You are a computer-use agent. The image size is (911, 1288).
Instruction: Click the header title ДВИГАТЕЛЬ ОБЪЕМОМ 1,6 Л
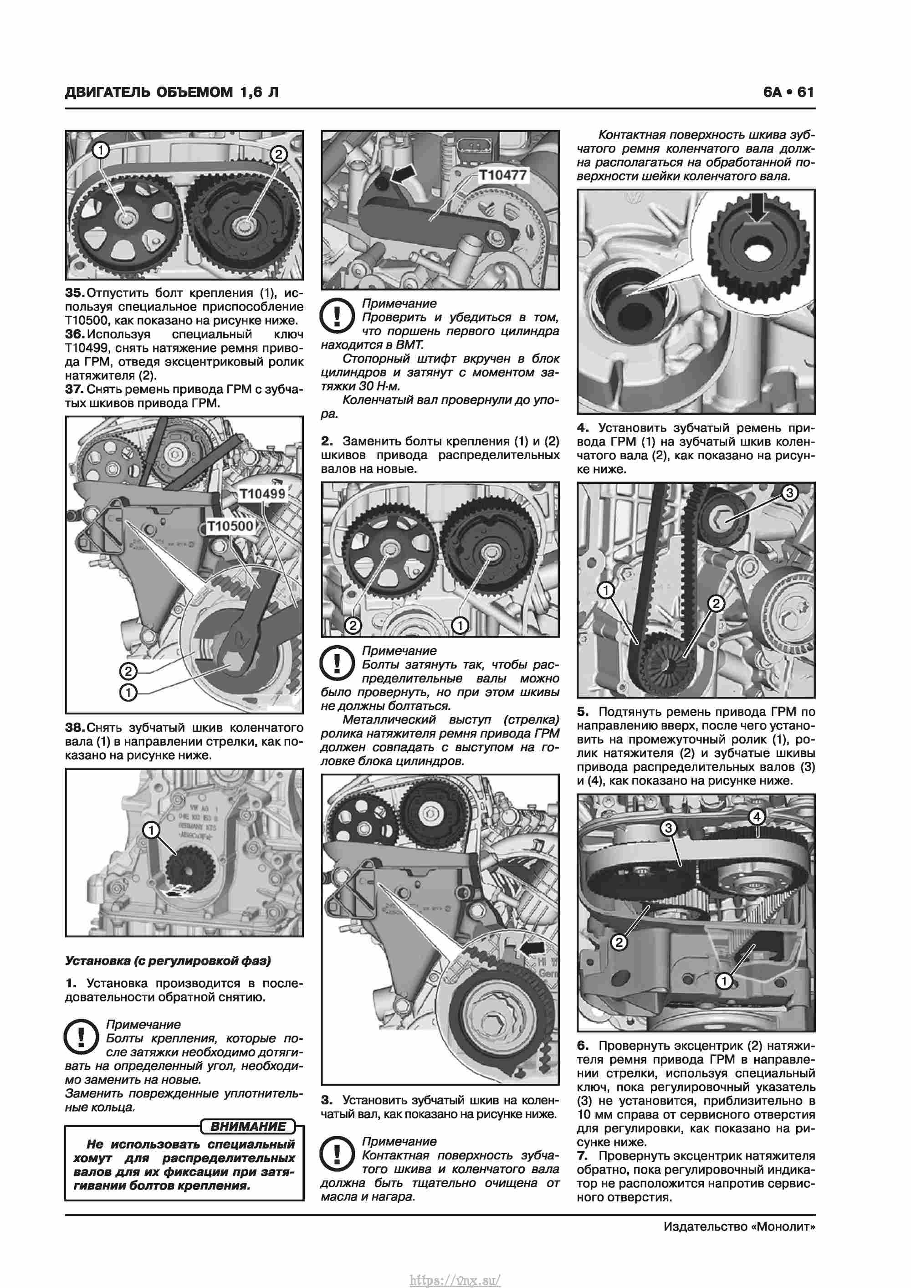(x=172, y=92)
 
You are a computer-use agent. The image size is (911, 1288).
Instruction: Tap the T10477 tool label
(x=502, y=175)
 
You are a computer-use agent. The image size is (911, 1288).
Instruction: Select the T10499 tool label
(x=262, y=494)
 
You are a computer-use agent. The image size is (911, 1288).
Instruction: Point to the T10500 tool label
(x=230, y=526)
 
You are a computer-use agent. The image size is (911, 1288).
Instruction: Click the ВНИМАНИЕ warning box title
(x=247, y=1126)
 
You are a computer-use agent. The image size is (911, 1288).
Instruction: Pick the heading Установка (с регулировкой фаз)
(x=168, y=960)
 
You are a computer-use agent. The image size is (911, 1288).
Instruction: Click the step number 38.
(x=74, y=728)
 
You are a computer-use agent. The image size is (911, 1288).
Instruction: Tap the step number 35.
(x=74, y=293)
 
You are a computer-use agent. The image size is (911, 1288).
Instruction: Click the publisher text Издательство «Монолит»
(x=739, y=1226)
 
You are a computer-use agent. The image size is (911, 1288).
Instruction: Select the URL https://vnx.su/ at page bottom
(x=455, y=1276)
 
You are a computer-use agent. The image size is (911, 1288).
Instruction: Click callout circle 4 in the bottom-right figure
(x=757, y=817)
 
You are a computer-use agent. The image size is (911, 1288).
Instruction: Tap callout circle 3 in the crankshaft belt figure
(x=789, y=493)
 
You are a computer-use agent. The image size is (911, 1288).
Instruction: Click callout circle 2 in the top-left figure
(x=278, y=154)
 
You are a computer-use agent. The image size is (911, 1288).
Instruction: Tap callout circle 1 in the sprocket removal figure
(x=151, y=830)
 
